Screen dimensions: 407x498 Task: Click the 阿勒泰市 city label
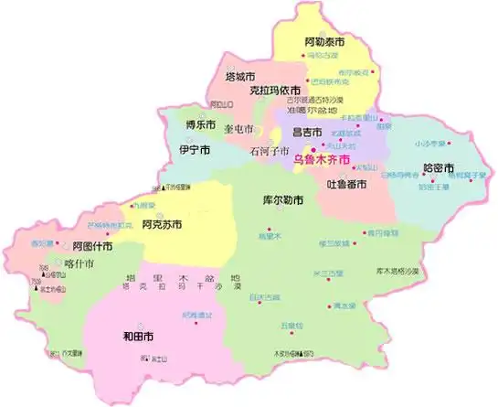[324, 42]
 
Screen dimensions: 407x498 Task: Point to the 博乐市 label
[200, 124]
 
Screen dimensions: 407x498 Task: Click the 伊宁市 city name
[195, 149]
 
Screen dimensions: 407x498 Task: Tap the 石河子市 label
[271, 152]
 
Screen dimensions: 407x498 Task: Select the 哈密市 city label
[439, 168]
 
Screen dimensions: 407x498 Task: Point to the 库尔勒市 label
[282, 199]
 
